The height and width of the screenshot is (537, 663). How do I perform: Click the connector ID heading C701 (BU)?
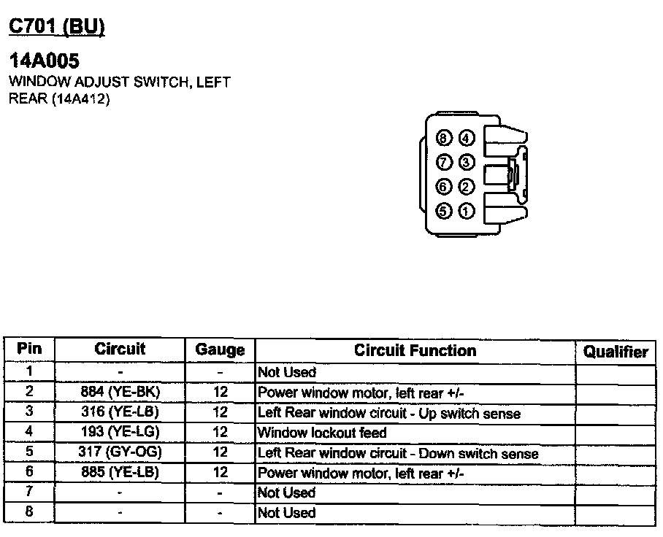[56, 27]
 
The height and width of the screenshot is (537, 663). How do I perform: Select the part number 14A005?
[44, 61]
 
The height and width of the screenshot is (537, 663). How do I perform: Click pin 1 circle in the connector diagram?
[466, 212]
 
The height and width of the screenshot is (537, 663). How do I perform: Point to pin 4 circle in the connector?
[466, 139]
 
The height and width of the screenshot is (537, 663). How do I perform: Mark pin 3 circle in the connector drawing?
[466, 162]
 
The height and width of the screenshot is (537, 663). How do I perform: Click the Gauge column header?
[220, 350]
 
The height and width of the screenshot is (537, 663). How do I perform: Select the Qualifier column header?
[616, 352]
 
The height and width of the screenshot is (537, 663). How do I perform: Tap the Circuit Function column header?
[415, 350]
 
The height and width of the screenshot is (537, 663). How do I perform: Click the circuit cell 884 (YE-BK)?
[120, 392]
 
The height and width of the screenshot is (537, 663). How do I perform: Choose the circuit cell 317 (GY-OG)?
[120, 452]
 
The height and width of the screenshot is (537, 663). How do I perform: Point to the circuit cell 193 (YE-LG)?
[120, 432]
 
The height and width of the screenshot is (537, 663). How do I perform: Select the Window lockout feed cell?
[322, 433]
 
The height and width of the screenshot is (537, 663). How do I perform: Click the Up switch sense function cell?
[389, 413]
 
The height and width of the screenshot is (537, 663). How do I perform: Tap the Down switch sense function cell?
[398, 453]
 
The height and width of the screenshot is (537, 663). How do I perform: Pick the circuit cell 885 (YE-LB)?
[120, 473]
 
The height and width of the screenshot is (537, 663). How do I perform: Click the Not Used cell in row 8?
[287, 513]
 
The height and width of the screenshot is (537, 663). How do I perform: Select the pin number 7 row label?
[29, 492]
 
